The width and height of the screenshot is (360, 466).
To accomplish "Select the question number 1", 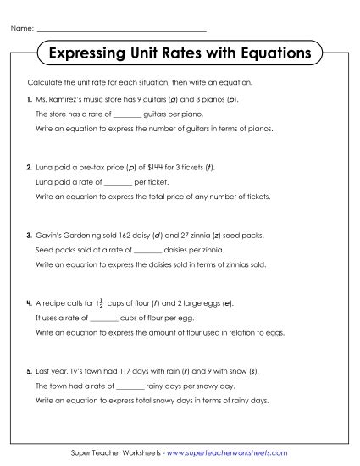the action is click(29, 99).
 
